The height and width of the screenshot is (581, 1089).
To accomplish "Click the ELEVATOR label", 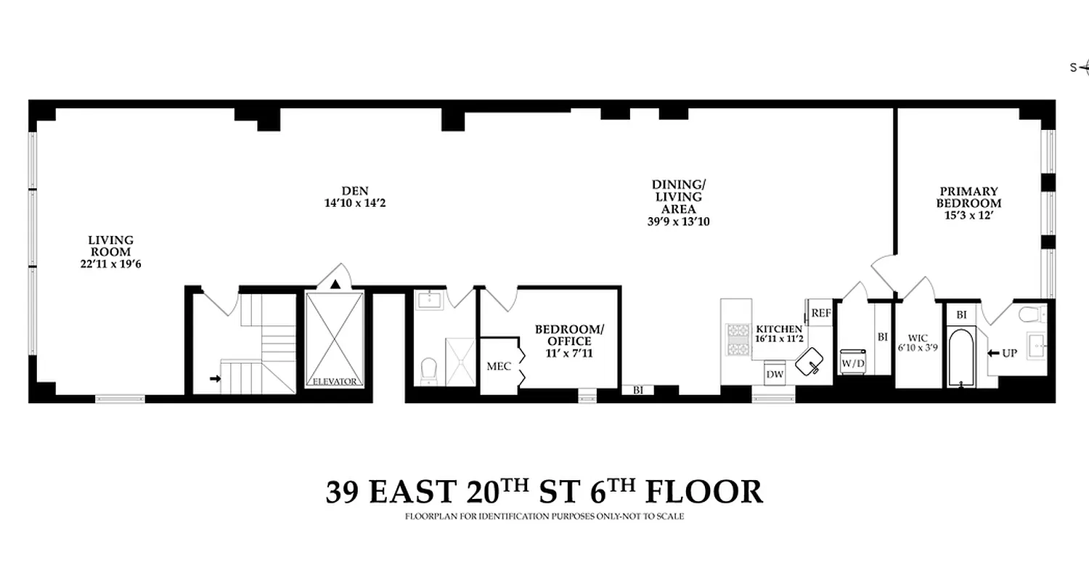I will point(335,381).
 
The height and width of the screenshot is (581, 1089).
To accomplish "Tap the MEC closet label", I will point(498,366).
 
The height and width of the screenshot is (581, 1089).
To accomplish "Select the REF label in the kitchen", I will point(821,313).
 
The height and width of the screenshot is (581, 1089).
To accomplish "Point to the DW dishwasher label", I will point(775,373).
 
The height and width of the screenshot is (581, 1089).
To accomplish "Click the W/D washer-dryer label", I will point(852,362).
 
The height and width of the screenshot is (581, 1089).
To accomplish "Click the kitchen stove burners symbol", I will point(738,339).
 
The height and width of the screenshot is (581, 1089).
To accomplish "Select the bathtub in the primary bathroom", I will point(960,358).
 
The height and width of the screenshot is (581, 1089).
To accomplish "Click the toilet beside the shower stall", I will point(429,370).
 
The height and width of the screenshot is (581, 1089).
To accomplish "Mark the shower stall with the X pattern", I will point(460,361).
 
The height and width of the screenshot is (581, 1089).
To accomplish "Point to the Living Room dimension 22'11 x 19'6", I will point(110,264).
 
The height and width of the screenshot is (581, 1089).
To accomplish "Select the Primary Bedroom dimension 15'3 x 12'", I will point(968,216).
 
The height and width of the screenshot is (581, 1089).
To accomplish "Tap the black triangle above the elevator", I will point(335,284).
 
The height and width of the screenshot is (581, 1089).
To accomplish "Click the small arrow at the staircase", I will point(215,378).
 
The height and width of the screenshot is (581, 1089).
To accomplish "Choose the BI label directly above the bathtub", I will point(961,315).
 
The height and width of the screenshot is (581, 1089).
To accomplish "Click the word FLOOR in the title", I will point(704,492).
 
